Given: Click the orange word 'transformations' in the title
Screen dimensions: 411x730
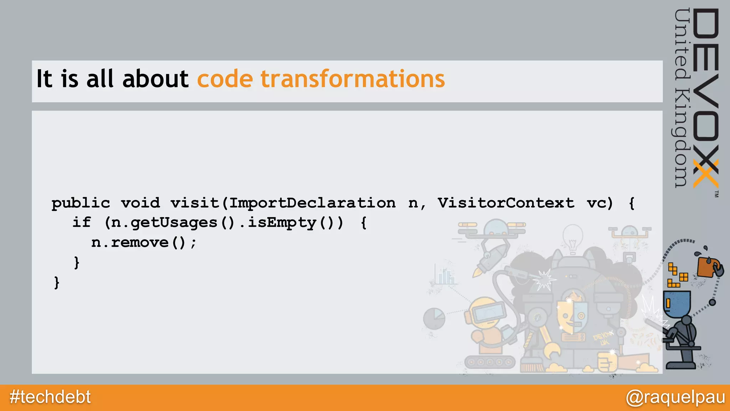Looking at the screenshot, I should (x=353, y=79).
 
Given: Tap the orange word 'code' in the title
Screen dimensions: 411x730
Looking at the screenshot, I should (x=225, y=79).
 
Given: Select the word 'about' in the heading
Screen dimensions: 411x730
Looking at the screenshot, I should (x=155, y=79).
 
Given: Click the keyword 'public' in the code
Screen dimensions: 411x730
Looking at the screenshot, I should (x=81, y=203).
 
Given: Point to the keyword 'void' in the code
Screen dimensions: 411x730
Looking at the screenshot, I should (x=140, y=203).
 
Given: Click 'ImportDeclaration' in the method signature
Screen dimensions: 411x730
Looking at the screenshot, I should (x=312, y=203).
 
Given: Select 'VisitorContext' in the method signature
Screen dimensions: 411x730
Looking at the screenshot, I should (x=506, y=203).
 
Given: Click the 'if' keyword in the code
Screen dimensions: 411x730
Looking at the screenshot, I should (x=82, y=223).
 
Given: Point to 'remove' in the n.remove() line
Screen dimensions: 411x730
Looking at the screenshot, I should (x=140, y=243).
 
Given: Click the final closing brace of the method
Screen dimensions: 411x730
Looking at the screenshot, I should (x=57, y=283).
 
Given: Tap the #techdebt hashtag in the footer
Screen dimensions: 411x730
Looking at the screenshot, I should (x=50, y=397).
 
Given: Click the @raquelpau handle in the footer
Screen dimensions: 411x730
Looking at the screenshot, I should (x=675, y=397).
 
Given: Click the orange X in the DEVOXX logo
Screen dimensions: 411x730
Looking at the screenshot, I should (x=705, y=174).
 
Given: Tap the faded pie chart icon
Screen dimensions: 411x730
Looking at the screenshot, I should (x=434, y=318).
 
